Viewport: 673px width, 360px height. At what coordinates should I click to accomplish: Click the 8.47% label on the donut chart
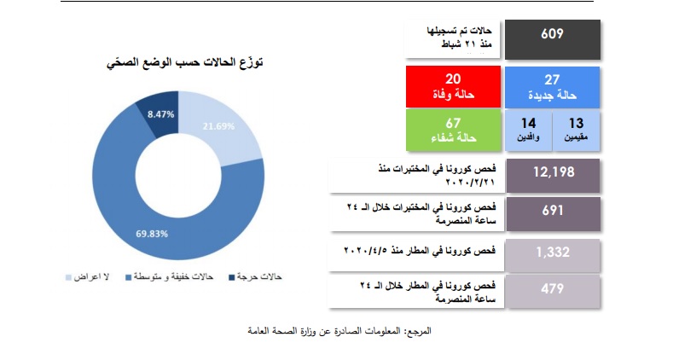click(x=161, y=114)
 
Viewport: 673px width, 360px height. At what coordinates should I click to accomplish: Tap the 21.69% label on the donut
click(x=219, y=126)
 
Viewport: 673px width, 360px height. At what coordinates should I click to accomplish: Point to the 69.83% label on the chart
click(x=152, y=234)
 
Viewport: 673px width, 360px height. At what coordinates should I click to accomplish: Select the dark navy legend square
click(x=232, y=277)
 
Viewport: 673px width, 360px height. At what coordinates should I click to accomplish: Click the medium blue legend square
click(x=128, y=277)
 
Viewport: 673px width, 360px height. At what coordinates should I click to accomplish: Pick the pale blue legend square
click(x=69, y=277)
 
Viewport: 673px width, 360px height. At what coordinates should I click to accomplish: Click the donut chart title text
click(x=184, y=62)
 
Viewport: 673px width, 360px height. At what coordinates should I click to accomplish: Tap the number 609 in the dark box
click(x=552, y=33)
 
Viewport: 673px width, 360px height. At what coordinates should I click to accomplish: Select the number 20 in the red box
click(x=453, y=78)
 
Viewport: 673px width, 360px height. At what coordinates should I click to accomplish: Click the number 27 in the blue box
click(x=552, y=79)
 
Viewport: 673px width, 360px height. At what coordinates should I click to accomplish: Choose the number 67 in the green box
click(x=453, y=123)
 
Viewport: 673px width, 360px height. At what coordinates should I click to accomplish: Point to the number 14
click(x=528, y=124)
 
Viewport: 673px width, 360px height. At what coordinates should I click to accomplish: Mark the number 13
click(x=576, y=124)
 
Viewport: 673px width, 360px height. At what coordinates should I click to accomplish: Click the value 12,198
click(x=554, y=172)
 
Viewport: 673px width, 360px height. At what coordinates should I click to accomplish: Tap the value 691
click(x=553, y=210)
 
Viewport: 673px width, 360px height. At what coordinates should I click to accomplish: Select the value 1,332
click(x=553, y=252)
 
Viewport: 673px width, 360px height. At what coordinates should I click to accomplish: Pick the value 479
click(x=553, y=288)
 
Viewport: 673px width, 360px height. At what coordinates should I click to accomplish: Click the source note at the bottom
click(x=339, y=331)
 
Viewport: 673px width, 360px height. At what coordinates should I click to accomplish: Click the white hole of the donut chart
click(x=178, y=175)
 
